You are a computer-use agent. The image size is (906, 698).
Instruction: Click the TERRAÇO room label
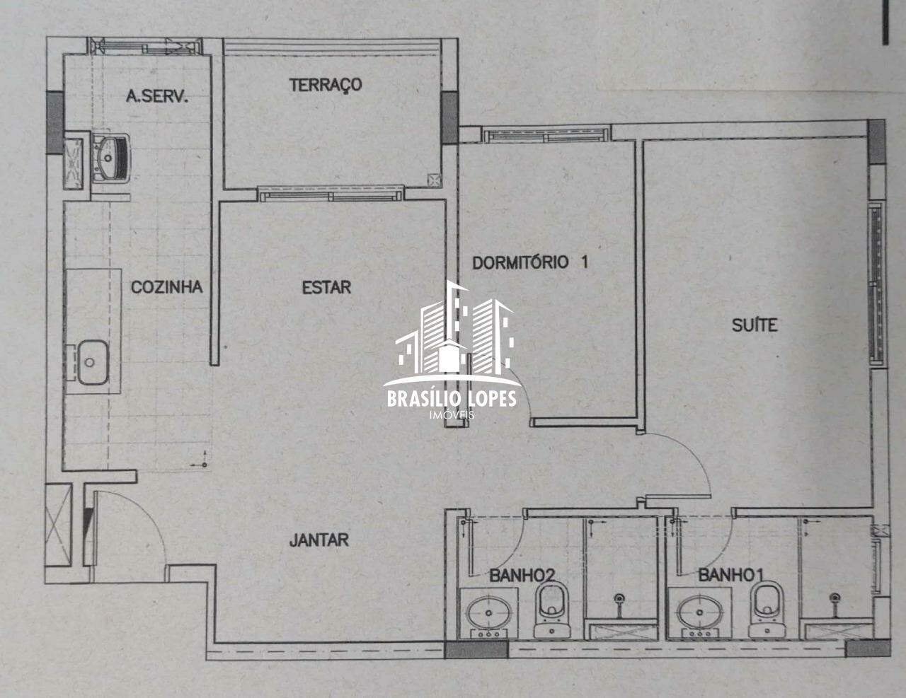pyautogui.click(x=326, y=85)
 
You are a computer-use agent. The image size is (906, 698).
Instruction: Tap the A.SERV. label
pyautogui.click(x=156, y=97)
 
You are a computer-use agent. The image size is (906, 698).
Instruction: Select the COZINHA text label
pyautogui.click(x=167, y=287)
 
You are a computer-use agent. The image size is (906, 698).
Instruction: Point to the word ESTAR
pyautogui.click(x=326, y=287)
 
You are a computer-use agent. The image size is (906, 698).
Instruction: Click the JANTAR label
pyautogui.click(x=319, y=540)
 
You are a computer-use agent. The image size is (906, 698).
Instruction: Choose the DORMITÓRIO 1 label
pyautogui.click(x=530, y=262)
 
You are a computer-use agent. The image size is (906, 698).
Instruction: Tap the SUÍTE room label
pyautogui.click(x=755, y=325)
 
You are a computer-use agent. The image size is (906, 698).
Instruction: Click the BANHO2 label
pyautogui.click(x=522, y=576)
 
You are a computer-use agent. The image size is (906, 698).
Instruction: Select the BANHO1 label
pyautogui.click(x=730, y=576)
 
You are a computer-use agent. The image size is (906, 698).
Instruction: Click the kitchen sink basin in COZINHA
pyautogui.click(x=93, y=362)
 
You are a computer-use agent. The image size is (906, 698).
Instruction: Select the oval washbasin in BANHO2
pyautogui.click(x=488, y=613)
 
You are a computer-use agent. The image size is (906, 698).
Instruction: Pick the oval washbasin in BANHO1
pyautogui.click(x=699, y=613)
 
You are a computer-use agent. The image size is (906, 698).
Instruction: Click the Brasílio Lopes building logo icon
pyautogui.click(x=454, y=333)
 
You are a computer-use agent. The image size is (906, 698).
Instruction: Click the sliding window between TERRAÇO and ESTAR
pyautogui.click(x=331, y=194)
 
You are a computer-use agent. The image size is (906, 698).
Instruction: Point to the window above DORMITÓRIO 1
pyautogui.click(x=546, y=135)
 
